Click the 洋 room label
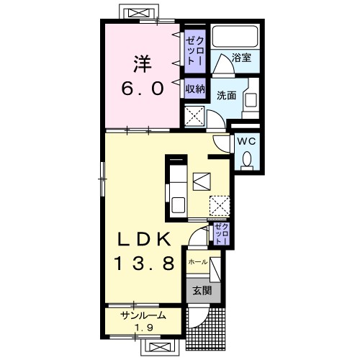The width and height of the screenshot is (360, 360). (x=143, y=64)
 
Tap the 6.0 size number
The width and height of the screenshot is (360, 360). (x=143, y=88)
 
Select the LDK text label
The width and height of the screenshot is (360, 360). (x=144, y=239)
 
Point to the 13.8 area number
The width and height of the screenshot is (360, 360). (x=145, y=264)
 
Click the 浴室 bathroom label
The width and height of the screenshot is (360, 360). (x=241, y=58)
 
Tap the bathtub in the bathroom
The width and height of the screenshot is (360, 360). (x=235, y=36)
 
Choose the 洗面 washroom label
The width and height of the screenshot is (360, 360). (x=226, y=96)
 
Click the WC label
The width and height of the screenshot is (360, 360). (x=246, y=142)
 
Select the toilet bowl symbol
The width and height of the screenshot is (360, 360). (x=247, y=160)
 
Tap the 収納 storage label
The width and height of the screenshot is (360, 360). (x=195, y=89)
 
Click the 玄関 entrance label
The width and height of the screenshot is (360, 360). (x=202, y=291)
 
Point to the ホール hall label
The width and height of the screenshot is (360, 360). (x=198, y=262)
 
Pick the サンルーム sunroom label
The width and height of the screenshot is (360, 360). (x=143, y=315)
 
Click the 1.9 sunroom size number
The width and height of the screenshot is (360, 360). (x=144, y=328)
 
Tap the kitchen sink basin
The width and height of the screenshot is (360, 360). (x=179, y=204)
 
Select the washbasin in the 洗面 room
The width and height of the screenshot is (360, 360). (x=251, y=99)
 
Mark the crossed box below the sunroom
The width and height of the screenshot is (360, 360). (x=159, y=346)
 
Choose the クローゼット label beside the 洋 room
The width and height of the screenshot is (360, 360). (x=195, y=51)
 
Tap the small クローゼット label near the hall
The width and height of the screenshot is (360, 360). (x=221, y=233)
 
